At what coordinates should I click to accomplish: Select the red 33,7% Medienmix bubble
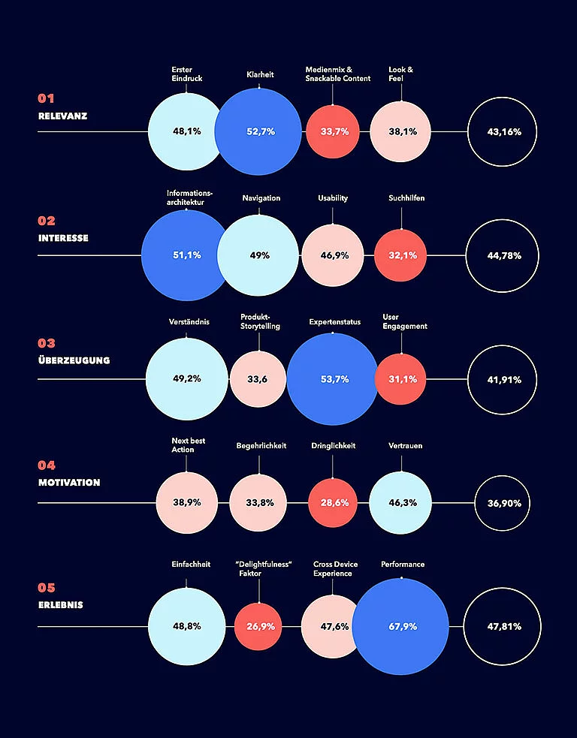pos(334,131)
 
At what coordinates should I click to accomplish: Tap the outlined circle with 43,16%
pos(503,131)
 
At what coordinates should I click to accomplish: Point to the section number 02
pos(47,221)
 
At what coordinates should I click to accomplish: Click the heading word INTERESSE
pos(63,238)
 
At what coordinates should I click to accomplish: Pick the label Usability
pos(333,198)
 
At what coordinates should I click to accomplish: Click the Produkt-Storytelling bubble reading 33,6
pos(258,379)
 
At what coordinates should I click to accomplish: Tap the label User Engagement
pos(405,321)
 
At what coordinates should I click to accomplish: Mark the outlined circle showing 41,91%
pos(503,379)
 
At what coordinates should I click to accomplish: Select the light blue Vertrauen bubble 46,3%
pos(400,502)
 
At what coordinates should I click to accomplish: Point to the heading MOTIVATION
pos(69,483)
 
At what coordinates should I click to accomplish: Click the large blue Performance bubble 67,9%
pos(400,626)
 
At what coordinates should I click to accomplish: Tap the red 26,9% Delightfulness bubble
pos(258,626)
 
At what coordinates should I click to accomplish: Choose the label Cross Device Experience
pos(335,569)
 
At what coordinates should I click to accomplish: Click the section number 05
pos(47,588)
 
